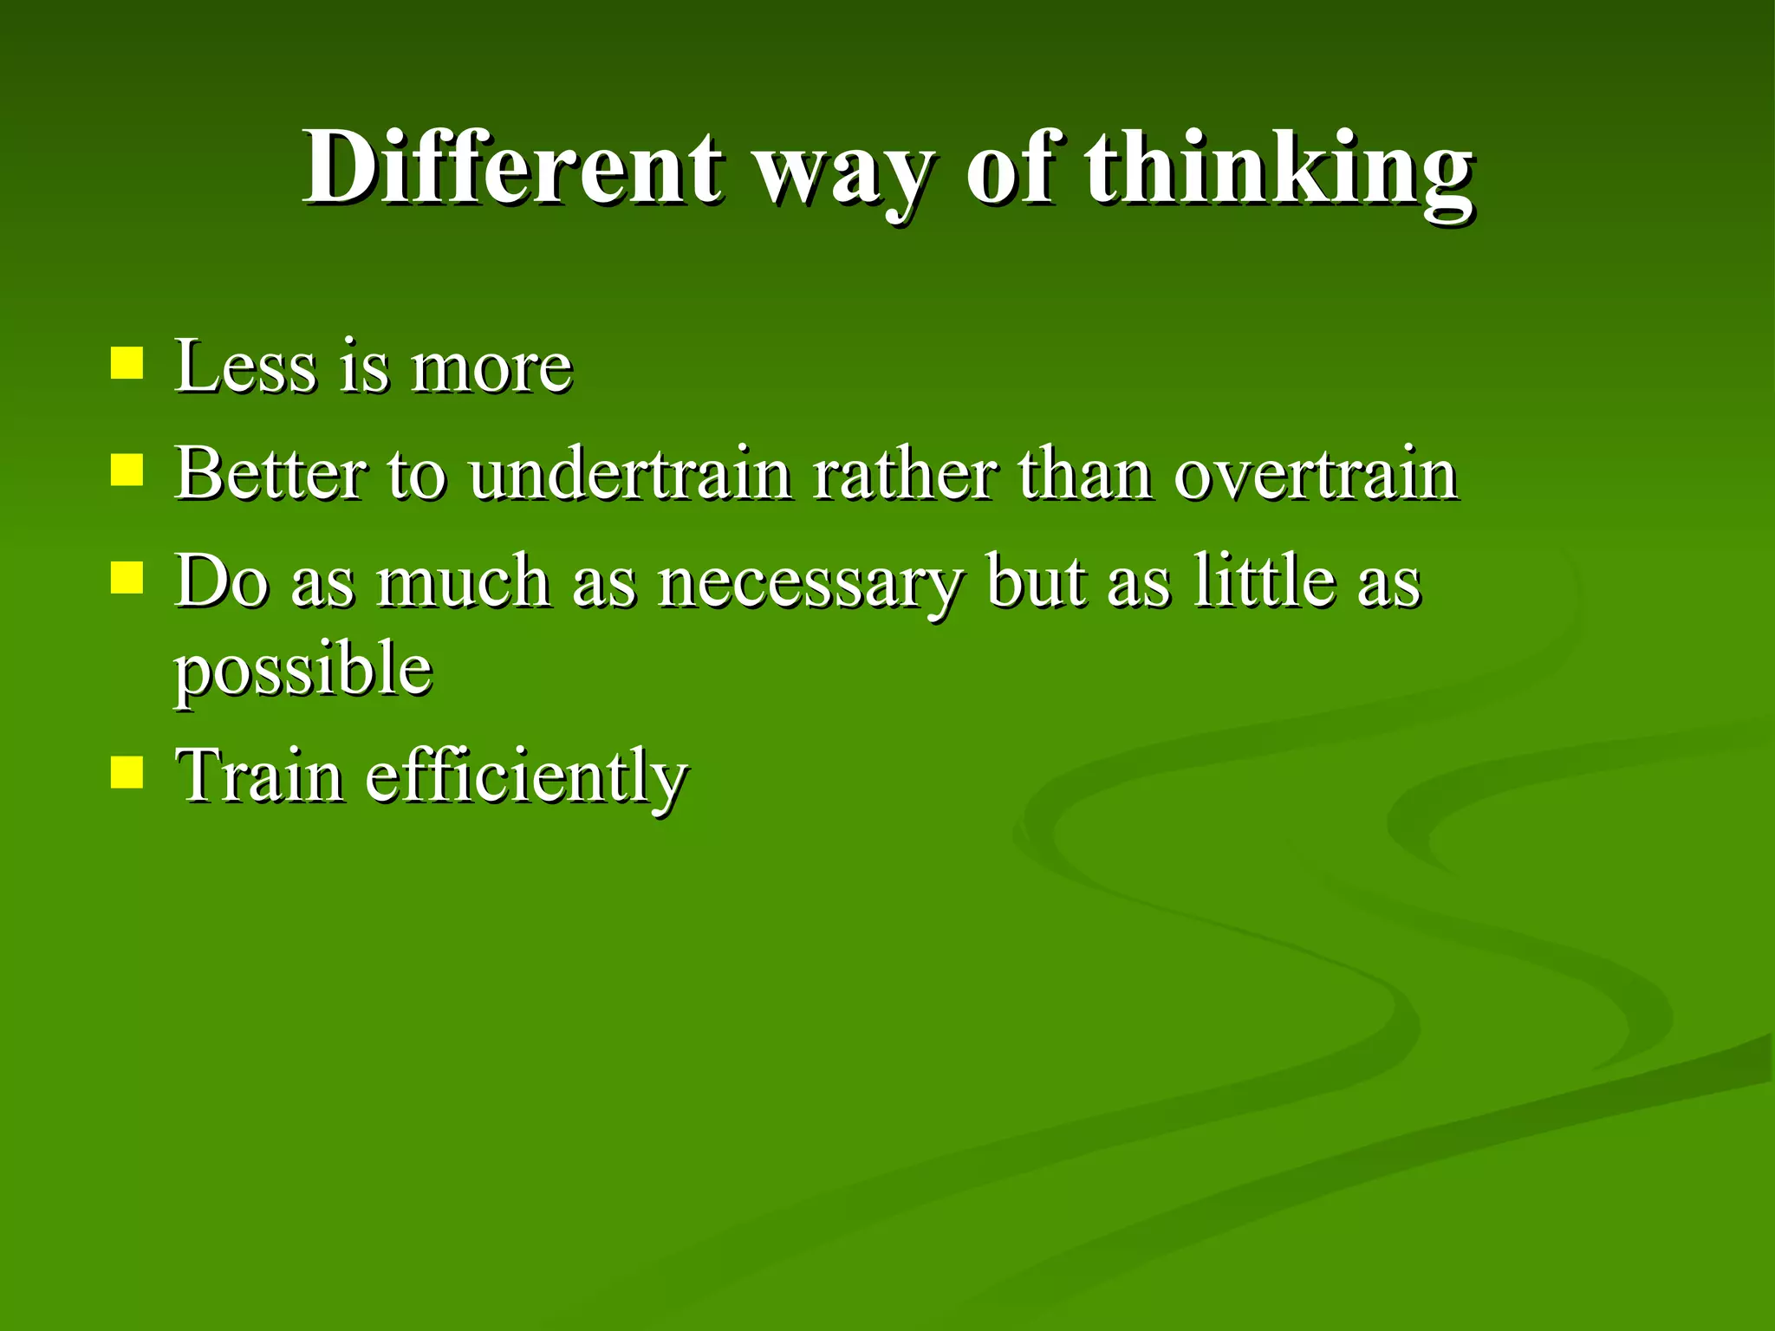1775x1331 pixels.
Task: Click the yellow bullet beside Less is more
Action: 127,364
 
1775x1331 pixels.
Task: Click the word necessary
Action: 809,585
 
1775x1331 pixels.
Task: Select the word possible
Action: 303,672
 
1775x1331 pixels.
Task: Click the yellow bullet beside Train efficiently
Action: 127,772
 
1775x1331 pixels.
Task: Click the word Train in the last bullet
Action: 259,775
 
